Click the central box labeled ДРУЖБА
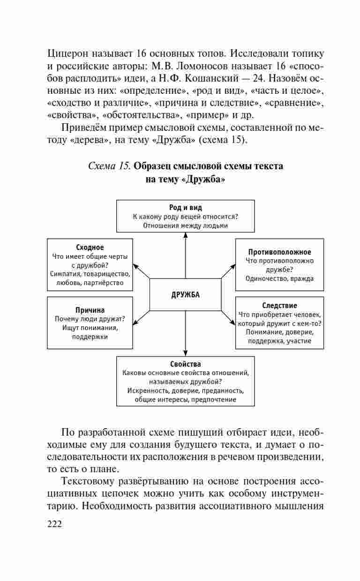[185, 294]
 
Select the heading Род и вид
[186, 207]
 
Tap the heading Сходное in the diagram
[90, 247]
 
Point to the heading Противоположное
[279, 252]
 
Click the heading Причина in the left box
[90, 310]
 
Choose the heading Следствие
[279, 305]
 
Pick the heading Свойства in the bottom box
[186, 364]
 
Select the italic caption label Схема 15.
[109, 166]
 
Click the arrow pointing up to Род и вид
[186, 256]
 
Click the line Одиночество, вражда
[279, 278]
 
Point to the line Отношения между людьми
[186, 225]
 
